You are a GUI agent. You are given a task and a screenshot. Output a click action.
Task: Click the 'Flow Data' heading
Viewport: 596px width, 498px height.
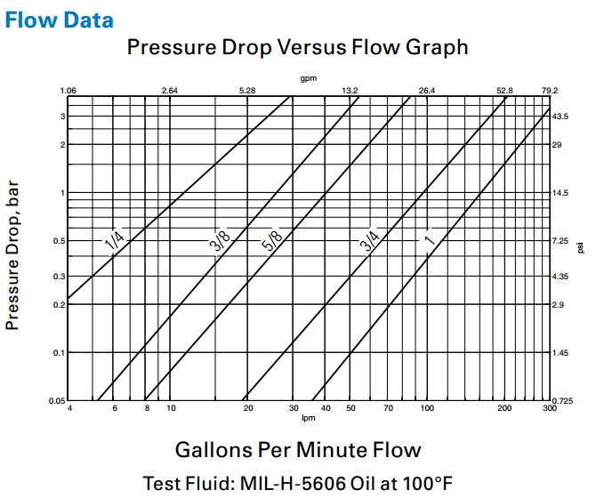60,19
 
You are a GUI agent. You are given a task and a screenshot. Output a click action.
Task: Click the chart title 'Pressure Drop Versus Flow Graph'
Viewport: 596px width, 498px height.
297,47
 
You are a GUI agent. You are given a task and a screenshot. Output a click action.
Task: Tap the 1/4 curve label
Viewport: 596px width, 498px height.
115,240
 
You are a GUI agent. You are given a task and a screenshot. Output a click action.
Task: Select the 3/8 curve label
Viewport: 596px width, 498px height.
221,241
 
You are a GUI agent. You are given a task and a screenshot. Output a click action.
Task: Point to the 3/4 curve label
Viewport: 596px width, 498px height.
370,241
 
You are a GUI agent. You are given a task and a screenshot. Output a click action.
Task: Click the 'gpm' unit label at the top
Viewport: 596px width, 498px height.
308,79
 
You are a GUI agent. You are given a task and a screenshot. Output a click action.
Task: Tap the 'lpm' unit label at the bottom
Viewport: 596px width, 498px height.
309,417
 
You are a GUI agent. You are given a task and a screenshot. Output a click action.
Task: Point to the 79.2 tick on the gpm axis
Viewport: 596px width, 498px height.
549,91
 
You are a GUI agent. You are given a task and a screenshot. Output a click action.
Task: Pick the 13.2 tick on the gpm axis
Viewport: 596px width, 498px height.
350,91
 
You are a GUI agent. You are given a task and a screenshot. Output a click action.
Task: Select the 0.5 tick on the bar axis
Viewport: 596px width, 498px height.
60,241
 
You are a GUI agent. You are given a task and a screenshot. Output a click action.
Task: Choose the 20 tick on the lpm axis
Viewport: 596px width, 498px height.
248,408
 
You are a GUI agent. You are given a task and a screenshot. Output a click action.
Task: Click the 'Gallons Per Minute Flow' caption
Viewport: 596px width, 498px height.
297,448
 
